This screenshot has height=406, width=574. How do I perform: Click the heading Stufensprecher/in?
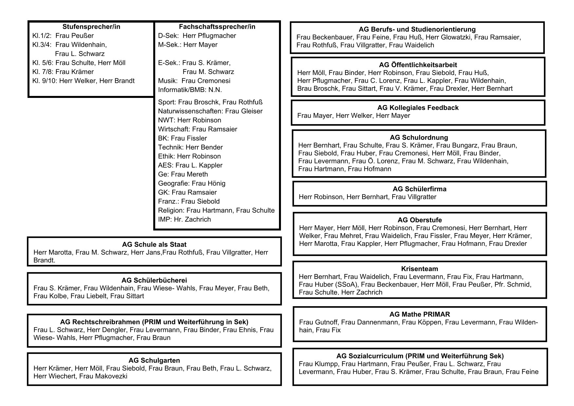(91, 27)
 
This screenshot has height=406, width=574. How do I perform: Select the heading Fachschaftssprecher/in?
(217, 27)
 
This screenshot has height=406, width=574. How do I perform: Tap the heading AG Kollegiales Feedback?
(418, 108)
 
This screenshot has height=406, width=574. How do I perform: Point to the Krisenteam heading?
(419, 269)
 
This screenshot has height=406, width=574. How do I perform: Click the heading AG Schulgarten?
(154, 360)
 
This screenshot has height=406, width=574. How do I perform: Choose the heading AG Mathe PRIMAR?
(419, 314)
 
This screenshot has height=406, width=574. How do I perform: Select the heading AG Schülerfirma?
(419, 189)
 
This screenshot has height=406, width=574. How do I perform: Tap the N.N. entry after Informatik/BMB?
(215, 90)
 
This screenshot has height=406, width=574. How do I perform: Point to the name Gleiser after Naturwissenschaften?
(252, 111)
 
